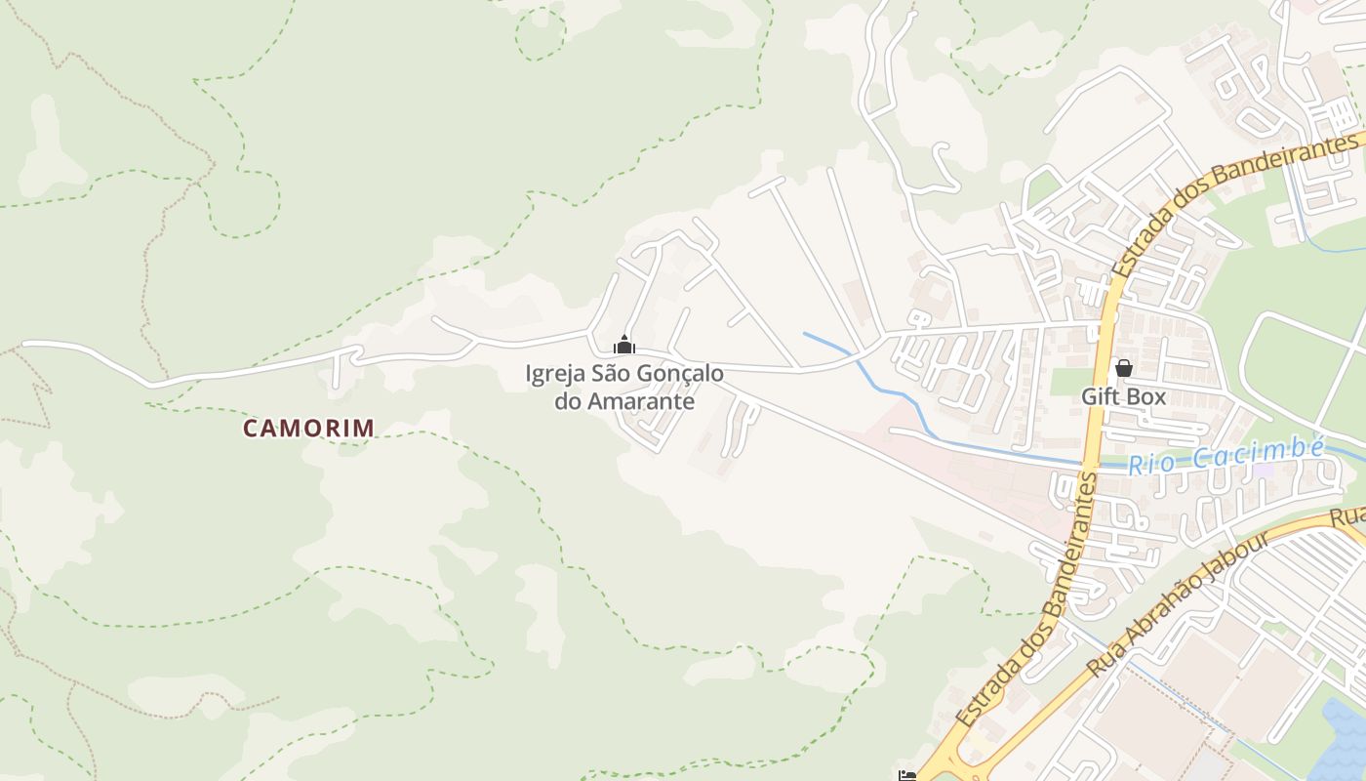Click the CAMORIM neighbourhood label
(308, 428)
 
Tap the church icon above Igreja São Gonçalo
(624, 345)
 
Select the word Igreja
(555, 374)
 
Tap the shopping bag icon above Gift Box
(1123, 368)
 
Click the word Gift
(1101, 397)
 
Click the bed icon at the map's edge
(907, 776)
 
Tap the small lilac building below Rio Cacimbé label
(1264, 471)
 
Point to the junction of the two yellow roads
(951, 757)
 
